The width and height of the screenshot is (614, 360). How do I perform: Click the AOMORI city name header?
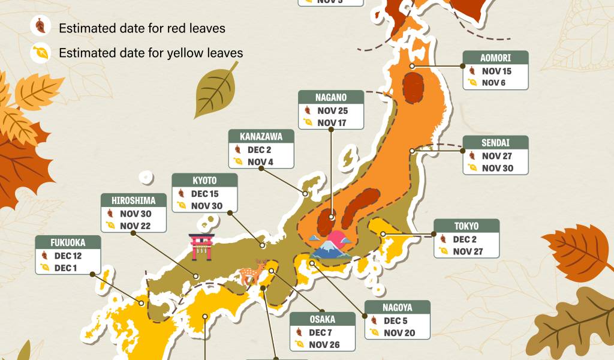pyautogui.click(x=495, y=58)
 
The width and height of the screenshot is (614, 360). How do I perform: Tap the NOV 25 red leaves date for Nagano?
pyautogui.click(x=332, y=110)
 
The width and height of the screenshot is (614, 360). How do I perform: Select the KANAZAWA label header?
pyautogui.click(x=261, y=136)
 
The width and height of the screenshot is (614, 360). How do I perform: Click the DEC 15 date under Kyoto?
pyautogui.click(x=204, y=194)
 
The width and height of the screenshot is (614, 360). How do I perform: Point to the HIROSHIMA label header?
pyautogui.click(x=133, y=200)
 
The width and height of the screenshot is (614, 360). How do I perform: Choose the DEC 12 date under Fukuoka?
pyautogui.click(x=67, y=255)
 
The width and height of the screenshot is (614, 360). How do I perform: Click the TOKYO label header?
pyautogui.click(x=466, y=226)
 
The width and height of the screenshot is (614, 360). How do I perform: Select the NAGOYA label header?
pyautogui.click(x=397, y=308)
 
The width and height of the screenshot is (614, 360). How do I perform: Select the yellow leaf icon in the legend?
pyautogui.click(x=40, y=53)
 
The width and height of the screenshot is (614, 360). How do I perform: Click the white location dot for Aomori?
pyautogui.click(x=413, y=65)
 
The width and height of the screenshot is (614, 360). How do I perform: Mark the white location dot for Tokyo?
pyautogui.click(x=383, y=234)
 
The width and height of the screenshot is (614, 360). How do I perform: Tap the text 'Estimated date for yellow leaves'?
pyautogui.click(x=151, y=53)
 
